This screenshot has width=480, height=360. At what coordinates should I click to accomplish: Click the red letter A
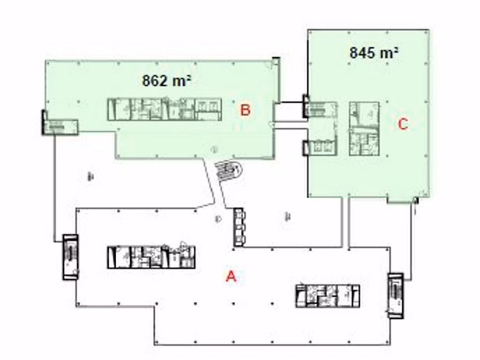(231, 276)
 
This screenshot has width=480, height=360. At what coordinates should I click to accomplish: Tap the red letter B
(245, 110)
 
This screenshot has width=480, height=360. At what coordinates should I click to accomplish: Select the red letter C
(403, 124)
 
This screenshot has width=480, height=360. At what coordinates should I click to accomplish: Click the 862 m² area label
(166, 81)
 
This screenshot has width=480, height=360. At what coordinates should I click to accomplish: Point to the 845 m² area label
(374, 52)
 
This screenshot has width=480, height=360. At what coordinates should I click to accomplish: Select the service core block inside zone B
(165, 109)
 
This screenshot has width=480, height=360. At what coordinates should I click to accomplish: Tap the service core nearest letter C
(364, 127)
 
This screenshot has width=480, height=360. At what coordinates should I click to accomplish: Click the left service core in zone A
(151, 256)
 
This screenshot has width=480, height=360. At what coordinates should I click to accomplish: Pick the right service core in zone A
(328, 296)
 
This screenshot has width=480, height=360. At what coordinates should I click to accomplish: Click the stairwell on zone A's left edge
(70, 257)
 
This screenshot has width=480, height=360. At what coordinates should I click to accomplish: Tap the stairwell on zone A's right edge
(395, 296)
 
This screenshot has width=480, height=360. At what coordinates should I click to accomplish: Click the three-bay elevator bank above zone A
(239, 227)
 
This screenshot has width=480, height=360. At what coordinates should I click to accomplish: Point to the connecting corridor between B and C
(289, 113)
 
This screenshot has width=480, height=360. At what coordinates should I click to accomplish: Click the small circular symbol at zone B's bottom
(214, 150)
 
